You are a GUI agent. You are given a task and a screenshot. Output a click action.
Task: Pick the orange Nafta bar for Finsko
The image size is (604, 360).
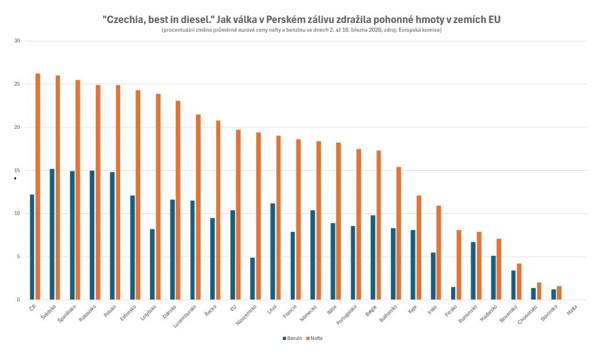(459, 265)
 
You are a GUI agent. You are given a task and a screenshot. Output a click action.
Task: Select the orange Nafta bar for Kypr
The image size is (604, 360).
(419, 247)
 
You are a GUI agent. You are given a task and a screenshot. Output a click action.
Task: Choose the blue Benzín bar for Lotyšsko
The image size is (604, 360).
(152, 264)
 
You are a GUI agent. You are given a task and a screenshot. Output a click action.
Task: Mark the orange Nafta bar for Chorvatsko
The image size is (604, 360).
(539, 291)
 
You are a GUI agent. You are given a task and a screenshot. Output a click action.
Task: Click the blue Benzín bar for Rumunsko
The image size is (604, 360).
(473, 270)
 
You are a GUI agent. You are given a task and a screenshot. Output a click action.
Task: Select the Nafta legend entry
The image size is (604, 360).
(314, 338)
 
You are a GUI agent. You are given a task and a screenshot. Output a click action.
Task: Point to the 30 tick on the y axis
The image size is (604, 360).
(17, 41)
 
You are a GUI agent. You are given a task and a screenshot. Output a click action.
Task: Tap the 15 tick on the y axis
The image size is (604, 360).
(17, 170)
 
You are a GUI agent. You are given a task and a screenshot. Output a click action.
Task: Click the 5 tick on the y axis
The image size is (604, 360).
(18, 256)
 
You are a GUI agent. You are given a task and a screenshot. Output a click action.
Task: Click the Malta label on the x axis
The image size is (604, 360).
(572, 309)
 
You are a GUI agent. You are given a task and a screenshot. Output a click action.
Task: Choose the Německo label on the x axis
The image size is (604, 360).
(313, 312)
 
